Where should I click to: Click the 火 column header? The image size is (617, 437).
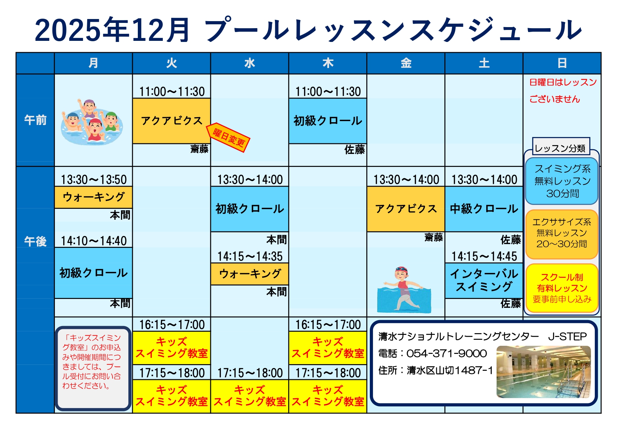[172, 63]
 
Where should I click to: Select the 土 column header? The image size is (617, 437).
[484, 63]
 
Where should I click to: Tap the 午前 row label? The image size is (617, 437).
[35, 120]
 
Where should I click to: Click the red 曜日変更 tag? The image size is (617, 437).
[228, 137]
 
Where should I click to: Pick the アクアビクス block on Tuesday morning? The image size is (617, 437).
[172, 121]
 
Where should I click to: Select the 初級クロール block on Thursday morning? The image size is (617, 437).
[328, 121]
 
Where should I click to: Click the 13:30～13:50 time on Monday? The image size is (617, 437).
[94, 180]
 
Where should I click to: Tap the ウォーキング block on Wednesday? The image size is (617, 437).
[250, 274]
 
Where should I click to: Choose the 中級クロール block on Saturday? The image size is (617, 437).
[484, 209]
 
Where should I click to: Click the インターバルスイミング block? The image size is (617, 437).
[484, 280]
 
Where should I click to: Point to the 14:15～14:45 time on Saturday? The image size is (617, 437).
[484, 256]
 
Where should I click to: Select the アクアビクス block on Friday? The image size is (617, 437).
[406, 209]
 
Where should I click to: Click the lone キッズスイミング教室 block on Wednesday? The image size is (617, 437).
[250, 396]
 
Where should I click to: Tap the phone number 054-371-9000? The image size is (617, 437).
[446, 354]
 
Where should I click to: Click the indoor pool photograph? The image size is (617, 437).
[544, 372]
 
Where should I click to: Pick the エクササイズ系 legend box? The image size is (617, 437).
[562, 234]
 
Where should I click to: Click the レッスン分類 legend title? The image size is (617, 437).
[560, 148]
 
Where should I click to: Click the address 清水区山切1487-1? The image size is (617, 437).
[450, 370]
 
